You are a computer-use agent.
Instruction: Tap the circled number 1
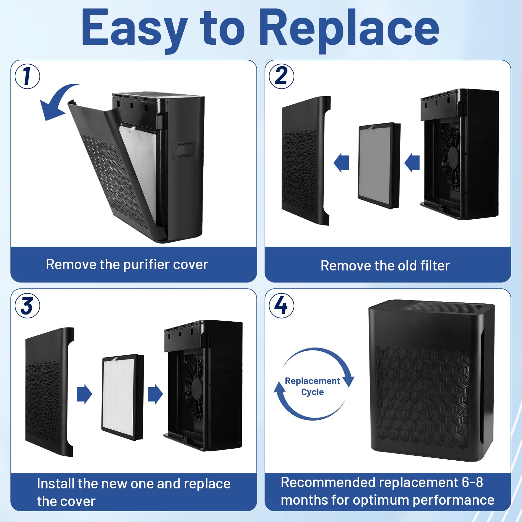pyautogui.click(x=27, y=76)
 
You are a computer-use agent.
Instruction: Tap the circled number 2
pyautogui.click(x=281, y=76)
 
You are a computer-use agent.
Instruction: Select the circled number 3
pyautogui.click(x=27, y=306)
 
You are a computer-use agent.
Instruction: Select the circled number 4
pyautogui.click(x=281, y=306)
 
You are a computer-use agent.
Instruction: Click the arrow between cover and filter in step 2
pyautogui.click(x=341, y=162)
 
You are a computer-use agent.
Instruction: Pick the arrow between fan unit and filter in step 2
pyautogui.click(x=412, y=162)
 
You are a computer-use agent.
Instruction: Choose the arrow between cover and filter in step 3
pyautogui.click(x=84, y=394)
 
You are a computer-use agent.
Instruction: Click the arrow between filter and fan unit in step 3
pyautogui.click(x=155, y=394)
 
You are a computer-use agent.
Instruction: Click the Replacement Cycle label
pyautogui.click(x=313, y=386)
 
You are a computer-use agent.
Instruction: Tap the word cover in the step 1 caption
pyautogui.click(x=191, y=265)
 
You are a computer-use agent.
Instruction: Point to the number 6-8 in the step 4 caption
pyautogui.click(x=472, y=482)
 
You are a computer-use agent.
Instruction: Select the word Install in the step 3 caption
pyautogui.click(x=56, y=484)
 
